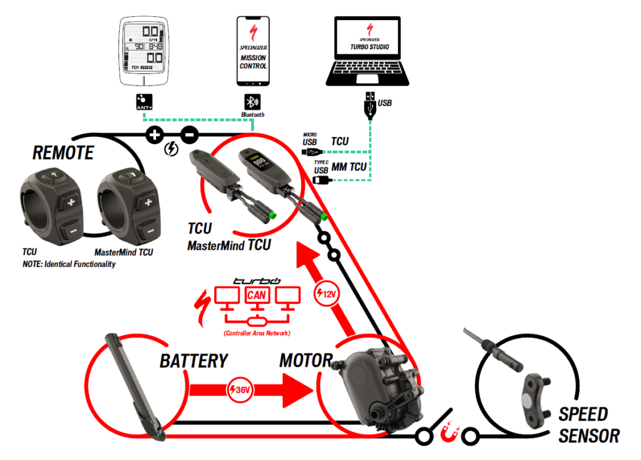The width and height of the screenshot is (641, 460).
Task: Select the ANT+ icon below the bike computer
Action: coord(144,103)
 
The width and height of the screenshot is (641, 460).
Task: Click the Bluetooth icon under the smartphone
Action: coord(252,103)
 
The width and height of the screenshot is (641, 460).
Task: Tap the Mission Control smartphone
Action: coord(253,53)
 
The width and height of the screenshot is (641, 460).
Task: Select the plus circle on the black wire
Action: coord(154,133)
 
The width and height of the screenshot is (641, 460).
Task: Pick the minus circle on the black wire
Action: coord(190,133)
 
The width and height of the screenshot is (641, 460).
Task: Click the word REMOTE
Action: coord(63,153)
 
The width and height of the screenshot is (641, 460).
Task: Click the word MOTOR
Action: coord(305,361)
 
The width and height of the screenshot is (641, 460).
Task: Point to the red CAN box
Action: coord(256,294)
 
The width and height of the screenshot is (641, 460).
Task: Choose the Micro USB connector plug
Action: coord(316,152)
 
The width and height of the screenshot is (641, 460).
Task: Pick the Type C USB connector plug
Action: coord(319,180)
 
